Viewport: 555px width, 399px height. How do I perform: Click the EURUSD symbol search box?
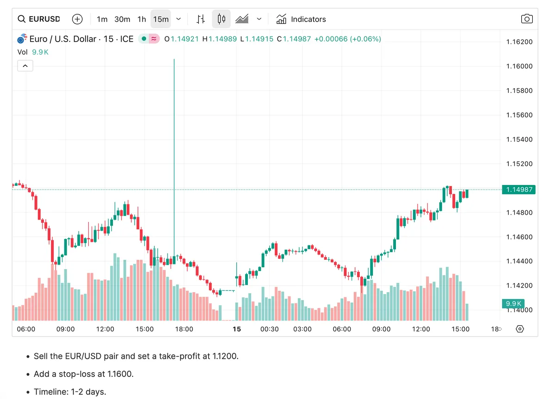39,19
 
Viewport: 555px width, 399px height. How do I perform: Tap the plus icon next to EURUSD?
77,19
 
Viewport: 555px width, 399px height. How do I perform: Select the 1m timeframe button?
102,19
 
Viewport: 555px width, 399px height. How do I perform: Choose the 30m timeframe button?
122,19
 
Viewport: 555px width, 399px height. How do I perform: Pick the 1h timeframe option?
142,19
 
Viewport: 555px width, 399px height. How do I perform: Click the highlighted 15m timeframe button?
160,19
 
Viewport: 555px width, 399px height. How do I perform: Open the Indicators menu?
301,19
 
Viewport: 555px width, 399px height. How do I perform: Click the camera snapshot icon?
526,19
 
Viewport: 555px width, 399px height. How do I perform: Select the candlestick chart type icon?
221,19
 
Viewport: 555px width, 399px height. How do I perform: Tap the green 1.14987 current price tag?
518,190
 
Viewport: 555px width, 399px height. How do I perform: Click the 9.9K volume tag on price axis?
513,304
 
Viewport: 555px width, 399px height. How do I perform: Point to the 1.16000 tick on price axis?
519,66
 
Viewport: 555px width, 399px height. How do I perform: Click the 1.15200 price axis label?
519,164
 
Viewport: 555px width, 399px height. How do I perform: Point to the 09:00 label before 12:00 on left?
65,329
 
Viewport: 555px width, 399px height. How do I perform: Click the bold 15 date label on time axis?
237,329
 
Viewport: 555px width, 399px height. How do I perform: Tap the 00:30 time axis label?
270,329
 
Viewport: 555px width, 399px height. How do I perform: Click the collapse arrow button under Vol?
25,66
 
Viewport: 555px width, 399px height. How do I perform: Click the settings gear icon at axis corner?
519,329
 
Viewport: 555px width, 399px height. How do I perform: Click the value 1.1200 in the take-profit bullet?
225,356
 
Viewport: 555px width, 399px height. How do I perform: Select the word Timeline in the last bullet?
49,392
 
